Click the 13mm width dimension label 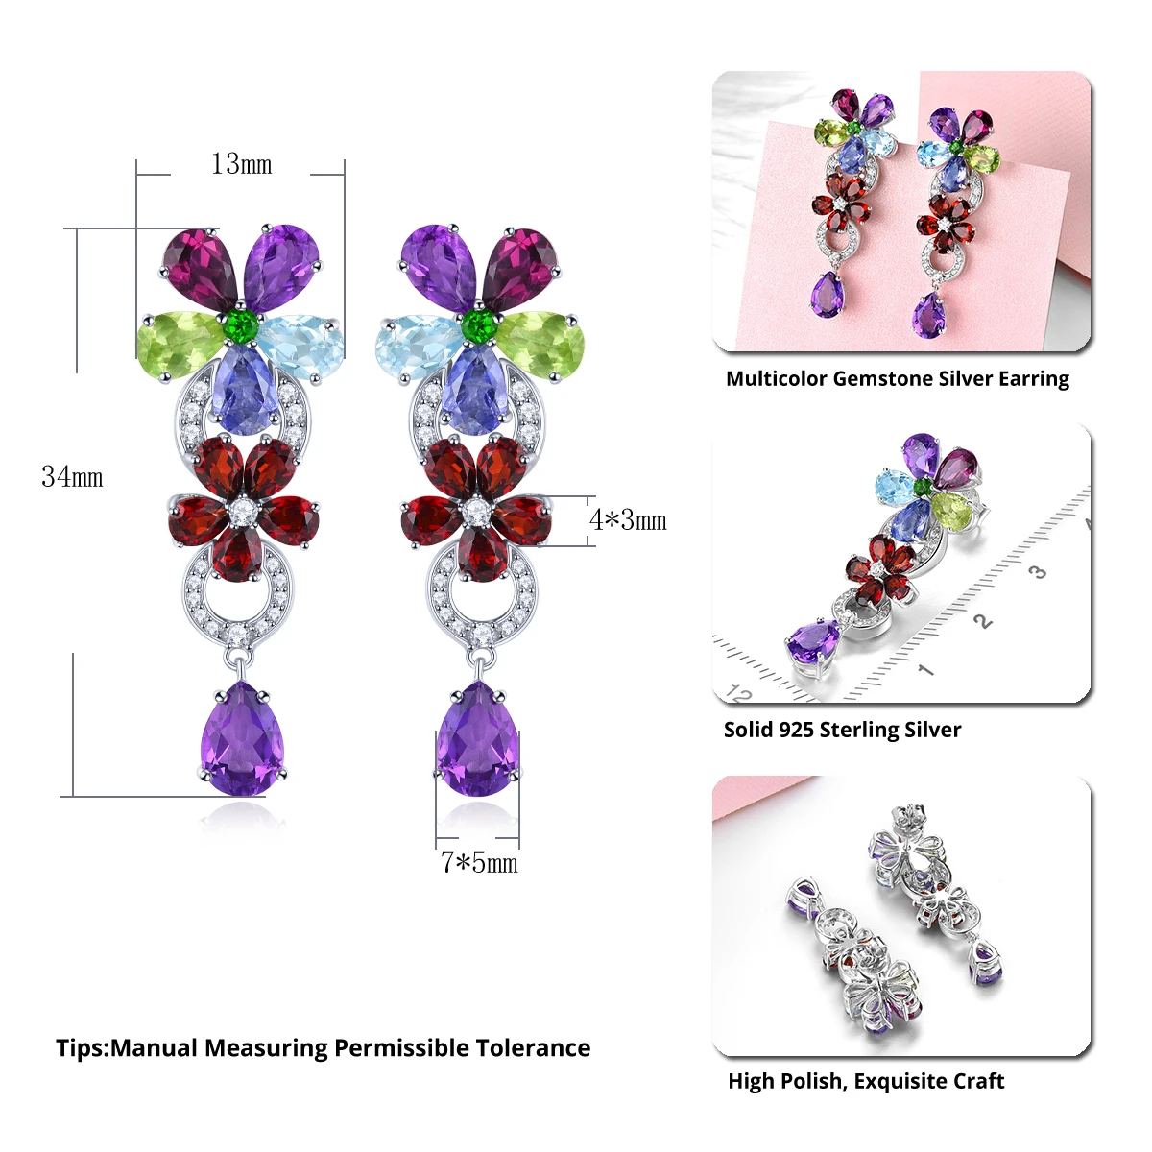click(x=241, y=165)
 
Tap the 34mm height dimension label click(x=72, y=477)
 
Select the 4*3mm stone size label click(x=628, y=520)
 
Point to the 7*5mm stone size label click(x=479, y=863)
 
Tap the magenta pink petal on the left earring click(x=200, y=265)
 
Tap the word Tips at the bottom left click(x=80, y=1047)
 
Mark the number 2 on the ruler click(x=981, y=622)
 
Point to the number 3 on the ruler click(x=1037, y=573)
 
